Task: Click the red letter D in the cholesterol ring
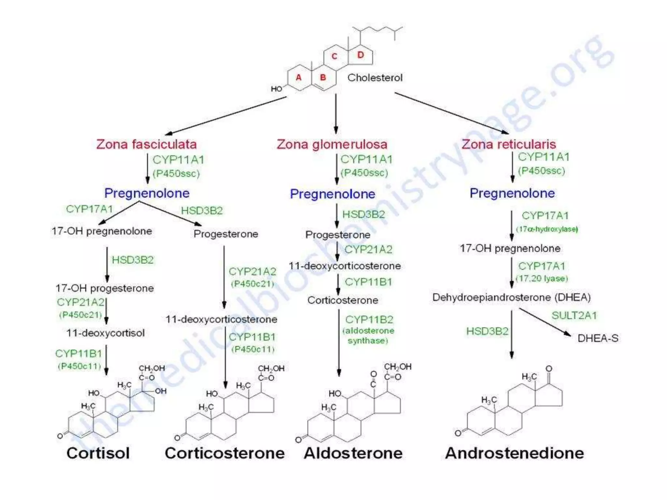[x=360, y=55]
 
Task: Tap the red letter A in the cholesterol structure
[x=298, y=77]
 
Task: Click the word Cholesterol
[x=375, y=78]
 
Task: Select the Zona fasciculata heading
[x=146, y=144]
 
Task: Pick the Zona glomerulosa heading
[x=332, y=144]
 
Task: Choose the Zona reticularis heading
[x=509, y=144]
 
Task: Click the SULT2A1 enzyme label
[x=574, y=315]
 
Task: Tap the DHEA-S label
[x=598, y=339]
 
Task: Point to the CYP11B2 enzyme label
[x=369, y=320]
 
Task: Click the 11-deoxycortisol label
[x=105, y=333]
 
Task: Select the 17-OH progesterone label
[x=105, y=288]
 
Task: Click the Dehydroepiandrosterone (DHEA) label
[x=511, y=297]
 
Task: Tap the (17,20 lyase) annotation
[x=542, y=279]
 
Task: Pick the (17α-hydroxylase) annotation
[x=547, y=229]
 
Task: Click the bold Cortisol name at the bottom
[x=98, y=453]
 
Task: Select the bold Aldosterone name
[x=353, y=453]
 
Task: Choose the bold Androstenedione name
[x=514, y=453]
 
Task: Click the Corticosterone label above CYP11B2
[x=343, y=300]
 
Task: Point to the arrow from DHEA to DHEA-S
[x=545, y=322]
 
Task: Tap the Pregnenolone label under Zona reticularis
[x=512, y=193]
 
